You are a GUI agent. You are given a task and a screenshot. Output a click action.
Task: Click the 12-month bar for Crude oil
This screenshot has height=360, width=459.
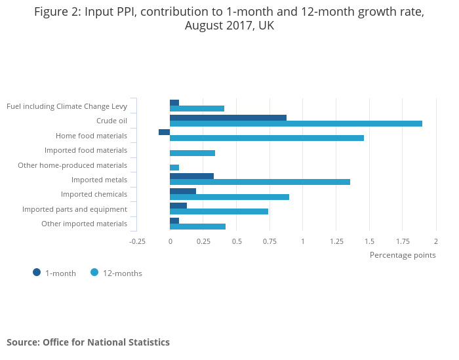point(296,123)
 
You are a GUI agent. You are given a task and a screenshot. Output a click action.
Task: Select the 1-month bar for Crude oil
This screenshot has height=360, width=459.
point(228,118)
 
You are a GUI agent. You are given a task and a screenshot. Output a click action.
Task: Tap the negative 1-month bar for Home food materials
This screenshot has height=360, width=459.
point(164,132)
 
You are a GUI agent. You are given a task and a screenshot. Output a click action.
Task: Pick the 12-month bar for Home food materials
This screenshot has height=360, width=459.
point(267,138)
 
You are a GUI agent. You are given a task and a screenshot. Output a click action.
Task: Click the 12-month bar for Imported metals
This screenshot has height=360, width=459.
point(260,182)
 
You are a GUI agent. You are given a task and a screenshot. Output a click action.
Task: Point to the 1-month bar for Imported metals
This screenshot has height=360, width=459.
point(191,176)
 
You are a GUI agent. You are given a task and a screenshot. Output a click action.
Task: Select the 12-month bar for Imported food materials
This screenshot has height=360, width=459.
point(192,153)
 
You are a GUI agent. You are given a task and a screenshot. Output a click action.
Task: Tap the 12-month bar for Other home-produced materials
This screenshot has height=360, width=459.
point(174,167)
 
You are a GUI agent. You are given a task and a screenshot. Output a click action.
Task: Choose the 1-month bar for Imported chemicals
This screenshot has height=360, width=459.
point(183,191)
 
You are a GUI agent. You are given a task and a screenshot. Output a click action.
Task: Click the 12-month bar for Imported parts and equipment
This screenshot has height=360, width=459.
point(219,211)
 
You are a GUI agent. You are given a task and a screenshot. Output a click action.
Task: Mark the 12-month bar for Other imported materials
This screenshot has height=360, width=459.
point(197,226)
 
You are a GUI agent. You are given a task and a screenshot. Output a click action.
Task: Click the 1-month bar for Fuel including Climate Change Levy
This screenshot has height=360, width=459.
point(174,103)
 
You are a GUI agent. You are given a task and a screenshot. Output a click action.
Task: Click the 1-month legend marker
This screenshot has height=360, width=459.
point(37,272)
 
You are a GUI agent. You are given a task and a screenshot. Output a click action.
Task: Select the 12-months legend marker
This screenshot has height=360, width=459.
point(94,272)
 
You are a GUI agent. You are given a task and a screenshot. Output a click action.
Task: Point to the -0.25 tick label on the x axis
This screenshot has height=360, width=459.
point(137,241)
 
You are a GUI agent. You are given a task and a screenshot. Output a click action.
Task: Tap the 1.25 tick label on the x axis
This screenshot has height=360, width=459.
point(336,241)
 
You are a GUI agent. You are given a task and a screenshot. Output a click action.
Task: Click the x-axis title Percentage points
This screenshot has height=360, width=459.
point(402,255)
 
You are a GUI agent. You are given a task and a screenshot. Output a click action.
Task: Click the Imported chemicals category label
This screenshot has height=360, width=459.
point(94,194)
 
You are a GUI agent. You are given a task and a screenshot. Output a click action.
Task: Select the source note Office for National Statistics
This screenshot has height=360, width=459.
point(88,342)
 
